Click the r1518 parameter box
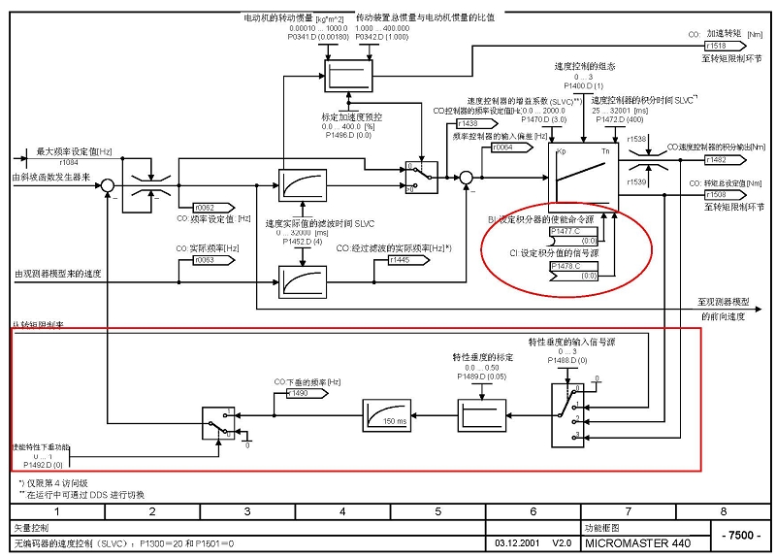coord(717,46)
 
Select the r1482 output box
coord(717,159)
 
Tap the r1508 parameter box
coord(717,195)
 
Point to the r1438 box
coord(469,123)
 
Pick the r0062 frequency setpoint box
coord(204,207)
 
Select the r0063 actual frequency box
coord(204,260)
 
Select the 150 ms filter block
coord(388,417)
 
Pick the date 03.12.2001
coord(517,543)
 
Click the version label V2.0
coord(562,543)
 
